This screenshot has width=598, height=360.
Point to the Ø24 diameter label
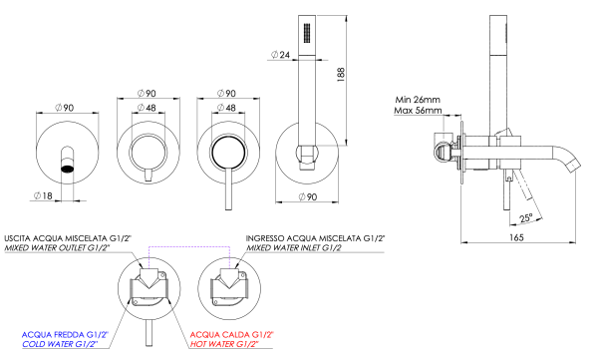pyautogui.click(x=281, y=56)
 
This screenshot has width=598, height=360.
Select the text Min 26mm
pyautogui.click(x=418, y=99)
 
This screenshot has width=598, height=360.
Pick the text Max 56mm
pyautogui.click(x=418, y=111)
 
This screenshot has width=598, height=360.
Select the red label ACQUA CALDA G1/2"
pyautogui.click(x=230, y=333)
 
